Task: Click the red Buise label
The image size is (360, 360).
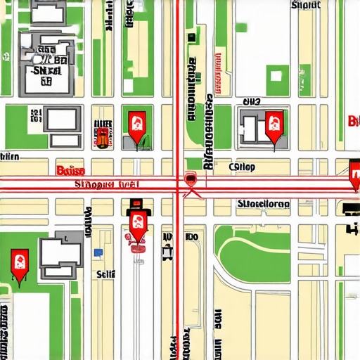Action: pyautogui.click(x=70, y=171)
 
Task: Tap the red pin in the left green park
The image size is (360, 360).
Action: pyautogui.click(x=19, y=262)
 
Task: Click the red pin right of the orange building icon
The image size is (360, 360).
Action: pyautogui.click(x=137, y=124)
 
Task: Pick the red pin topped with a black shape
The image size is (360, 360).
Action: pyautogui.click(x=137, y=225)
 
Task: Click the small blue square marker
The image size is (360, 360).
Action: pyautogui.click(x=98, y=252)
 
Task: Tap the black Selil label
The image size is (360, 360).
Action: pyautogui.click(x=105, y=274)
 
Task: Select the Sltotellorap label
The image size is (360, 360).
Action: pyautogui.click(x=263, y=204)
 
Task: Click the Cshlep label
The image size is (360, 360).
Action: pyautogui.click(x=243, y=167)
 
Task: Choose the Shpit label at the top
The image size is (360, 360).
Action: pyautogui.click(x=305, y=5)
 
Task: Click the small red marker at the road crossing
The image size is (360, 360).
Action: pyautogui.click(x=189, y=179)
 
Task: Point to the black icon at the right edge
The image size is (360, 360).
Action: pyautogui.click(x=350, y=208)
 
